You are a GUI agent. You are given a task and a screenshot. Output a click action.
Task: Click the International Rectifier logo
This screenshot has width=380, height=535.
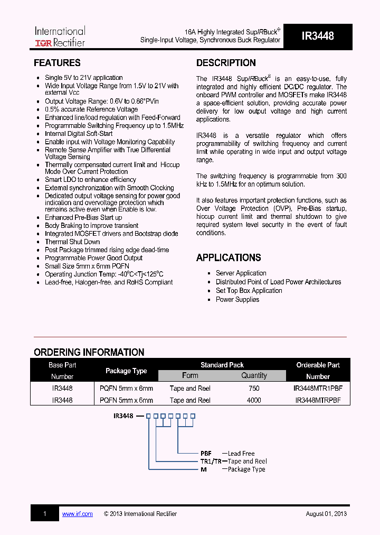coord(60,36)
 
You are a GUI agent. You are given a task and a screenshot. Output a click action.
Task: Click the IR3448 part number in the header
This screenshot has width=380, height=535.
coord(317,36)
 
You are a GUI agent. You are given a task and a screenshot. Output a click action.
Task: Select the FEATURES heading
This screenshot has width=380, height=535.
coord(57,63)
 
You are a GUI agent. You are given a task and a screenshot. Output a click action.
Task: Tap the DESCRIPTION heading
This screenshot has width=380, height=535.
coord(226,63)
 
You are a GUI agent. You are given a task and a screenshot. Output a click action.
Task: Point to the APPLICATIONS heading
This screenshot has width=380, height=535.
coord(229,258)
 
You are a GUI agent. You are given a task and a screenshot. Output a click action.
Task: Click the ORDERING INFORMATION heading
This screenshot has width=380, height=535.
coord(89,352)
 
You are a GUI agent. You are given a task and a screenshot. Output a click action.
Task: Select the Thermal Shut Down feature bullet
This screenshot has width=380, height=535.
coord(72,242)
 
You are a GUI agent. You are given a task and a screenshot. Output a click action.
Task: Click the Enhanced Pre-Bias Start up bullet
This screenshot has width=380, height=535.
coord(83,217)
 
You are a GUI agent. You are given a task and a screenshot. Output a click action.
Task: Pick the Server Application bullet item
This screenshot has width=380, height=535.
coord(241,273)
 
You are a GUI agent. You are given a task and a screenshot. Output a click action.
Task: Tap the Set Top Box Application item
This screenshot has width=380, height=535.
coord(249,291)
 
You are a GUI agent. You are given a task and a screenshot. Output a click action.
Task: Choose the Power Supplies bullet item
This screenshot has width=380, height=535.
coord(237,299)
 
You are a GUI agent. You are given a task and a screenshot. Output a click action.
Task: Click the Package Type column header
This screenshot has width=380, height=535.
coord(126,371)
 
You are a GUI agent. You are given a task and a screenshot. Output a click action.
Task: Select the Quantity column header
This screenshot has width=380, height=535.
coord(254,375)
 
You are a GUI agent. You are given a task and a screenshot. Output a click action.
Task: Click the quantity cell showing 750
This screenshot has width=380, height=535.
coord(254,388)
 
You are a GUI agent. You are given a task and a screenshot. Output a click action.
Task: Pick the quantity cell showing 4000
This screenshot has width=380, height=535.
coord(254,400)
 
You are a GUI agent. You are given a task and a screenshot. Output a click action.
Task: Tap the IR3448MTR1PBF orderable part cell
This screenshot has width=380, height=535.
coord(318,388)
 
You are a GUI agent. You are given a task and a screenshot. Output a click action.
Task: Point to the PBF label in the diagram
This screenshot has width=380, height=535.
coord(206,454)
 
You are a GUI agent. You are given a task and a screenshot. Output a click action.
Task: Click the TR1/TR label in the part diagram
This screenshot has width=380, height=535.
coord(210,462)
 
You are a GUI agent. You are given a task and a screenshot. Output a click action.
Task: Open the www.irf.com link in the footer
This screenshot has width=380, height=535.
coord(77,514)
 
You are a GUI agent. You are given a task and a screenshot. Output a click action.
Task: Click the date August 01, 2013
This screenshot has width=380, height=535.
coord(326,514)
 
